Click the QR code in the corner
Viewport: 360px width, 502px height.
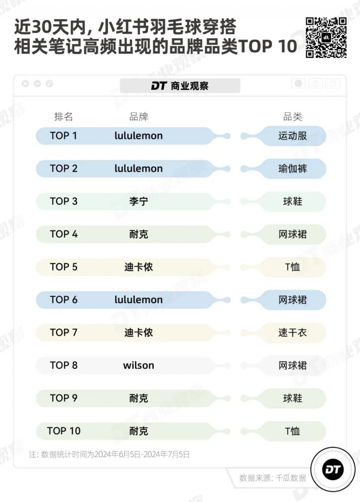[326, 38]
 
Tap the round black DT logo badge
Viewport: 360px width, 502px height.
[333, 469]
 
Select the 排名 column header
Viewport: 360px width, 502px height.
[64, 117]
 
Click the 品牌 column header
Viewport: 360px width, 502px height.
[139, 117]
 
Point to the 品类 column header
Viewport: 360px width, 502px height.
[293, 117]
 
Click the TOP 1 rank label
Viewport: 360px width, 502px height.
[64, 136]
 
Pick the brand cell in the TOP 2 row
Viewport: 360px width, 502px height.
[139, 169]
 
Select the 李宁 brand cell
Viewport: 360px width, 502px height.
[139, 201]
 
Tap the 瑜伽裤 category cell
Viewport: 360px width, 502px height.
[293, 169]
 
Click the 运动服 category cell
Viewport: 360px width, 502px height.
[293, 136]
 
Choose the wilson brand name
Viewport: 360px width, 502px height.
[139, 365]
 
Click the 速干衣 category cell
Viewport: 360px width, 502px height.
[293, 333]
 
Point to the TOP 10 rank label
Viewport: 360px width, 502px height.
[64, 431]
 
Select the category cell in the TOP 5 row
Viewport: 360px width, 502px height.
[292, 267]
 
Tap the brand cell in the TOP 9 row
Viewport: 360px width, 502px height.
[139, 398]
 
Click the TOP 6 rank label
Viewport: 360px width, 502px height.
[64, 300]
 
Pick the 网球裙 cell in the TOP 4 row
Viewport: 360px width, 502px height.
[293, 234]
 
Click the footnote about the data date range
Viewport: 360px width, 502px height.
[109, 455]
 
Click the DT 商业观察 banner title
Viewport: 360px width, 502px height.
[180, 86]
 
